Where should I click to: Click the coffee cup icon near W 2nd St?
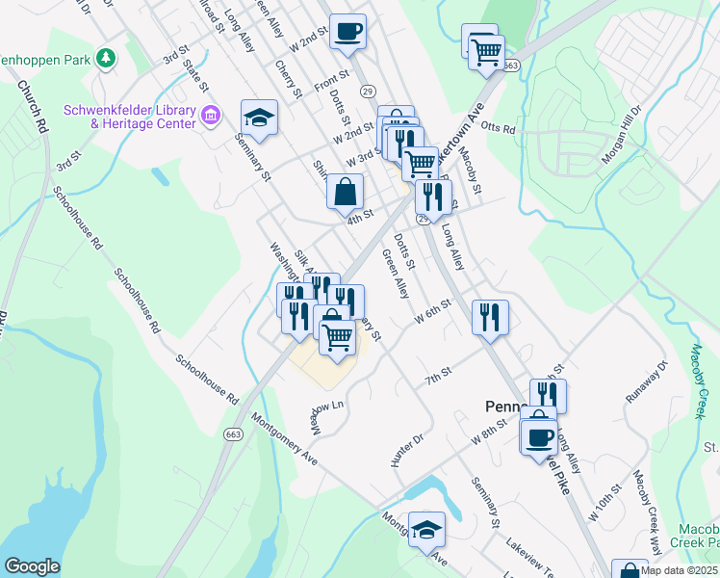(x=347, y=31)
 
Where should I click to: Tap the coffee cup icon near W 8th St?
(x=538, y=436)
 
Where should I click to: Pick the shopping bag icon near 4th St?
(x=346, y=192)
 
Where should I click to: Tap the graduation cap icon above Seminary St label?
(x=258, y=118)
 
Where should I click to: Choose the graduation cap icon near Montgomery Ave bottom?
(x=425, y=529)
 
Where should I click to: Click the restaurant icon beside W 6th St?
(x=490, y=316)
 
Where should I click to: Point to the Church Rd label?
(x=32, y=106)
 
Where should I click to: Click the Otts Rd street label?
(x=499, y=128)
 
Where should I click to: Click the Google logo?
(x=32, y=566)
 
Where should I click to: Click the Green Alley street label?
(x=397, y=275)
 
